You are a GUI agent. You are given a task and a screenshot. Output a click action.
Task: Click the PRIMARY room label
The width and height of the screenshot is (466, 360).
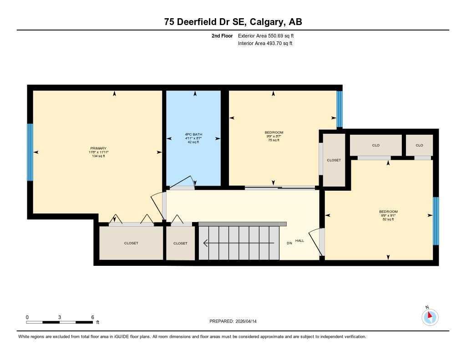tap(98, 148)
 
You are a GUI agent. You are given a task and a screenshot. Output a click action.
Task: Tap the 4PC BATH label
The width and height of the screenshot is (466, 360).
tap(193, 135)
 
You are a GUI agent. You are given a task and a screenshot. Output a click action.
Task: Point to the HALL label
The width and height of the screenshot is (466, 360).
tap(299, 241)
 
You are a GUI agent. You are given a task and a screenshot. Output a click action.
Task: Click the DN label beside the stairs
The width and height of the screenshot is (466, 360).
tap(289, 243)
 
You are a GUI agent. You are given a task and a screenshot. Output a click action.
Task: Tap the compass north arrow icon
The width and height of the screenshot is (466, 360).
tap(430, 317)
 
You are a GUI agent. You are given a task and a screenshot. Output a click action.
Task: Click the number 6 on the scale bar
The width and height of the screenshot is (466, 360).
tap(92, 317)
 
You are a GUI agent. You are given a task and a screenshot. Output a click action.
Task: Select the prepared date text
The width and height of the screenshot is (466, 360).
tap(233, 321)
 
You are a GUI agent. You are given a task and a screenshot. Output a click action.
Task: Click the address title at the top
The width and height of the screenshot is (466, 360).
tap(233, 22)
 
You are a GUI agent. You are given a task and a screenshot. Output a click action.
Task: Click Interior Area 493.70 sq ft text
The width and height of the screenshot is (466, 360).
tap(265, 44)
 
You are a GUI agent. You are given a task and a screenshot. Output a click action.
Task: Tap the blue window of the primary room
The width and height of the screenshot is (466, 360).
tap(30, 152)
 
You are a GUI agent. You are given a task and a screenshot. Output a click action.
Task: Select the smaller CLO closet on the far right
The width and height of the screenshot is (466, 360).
tap(419, 145)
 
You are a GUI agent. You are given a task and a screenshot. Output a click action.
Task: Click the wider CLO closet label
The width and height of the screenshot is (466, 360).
tap(375, 145)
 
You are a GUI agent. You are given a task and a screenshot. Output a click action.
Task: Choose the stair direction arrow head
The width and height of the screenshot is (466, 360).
tap(206, 243)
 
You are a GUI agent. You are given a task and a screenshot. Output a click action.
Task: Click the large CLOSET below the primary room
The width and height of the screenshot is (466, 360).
tap(131, 243)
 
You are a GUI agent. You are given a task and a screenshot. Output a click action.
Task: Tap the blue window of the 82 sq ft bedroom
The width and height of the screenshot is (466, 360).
tap(436, 221)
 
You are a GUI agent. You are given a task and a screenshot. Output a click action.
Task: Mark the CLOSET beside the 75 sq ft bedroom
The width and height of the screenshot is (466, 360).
tap(334, 160)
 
